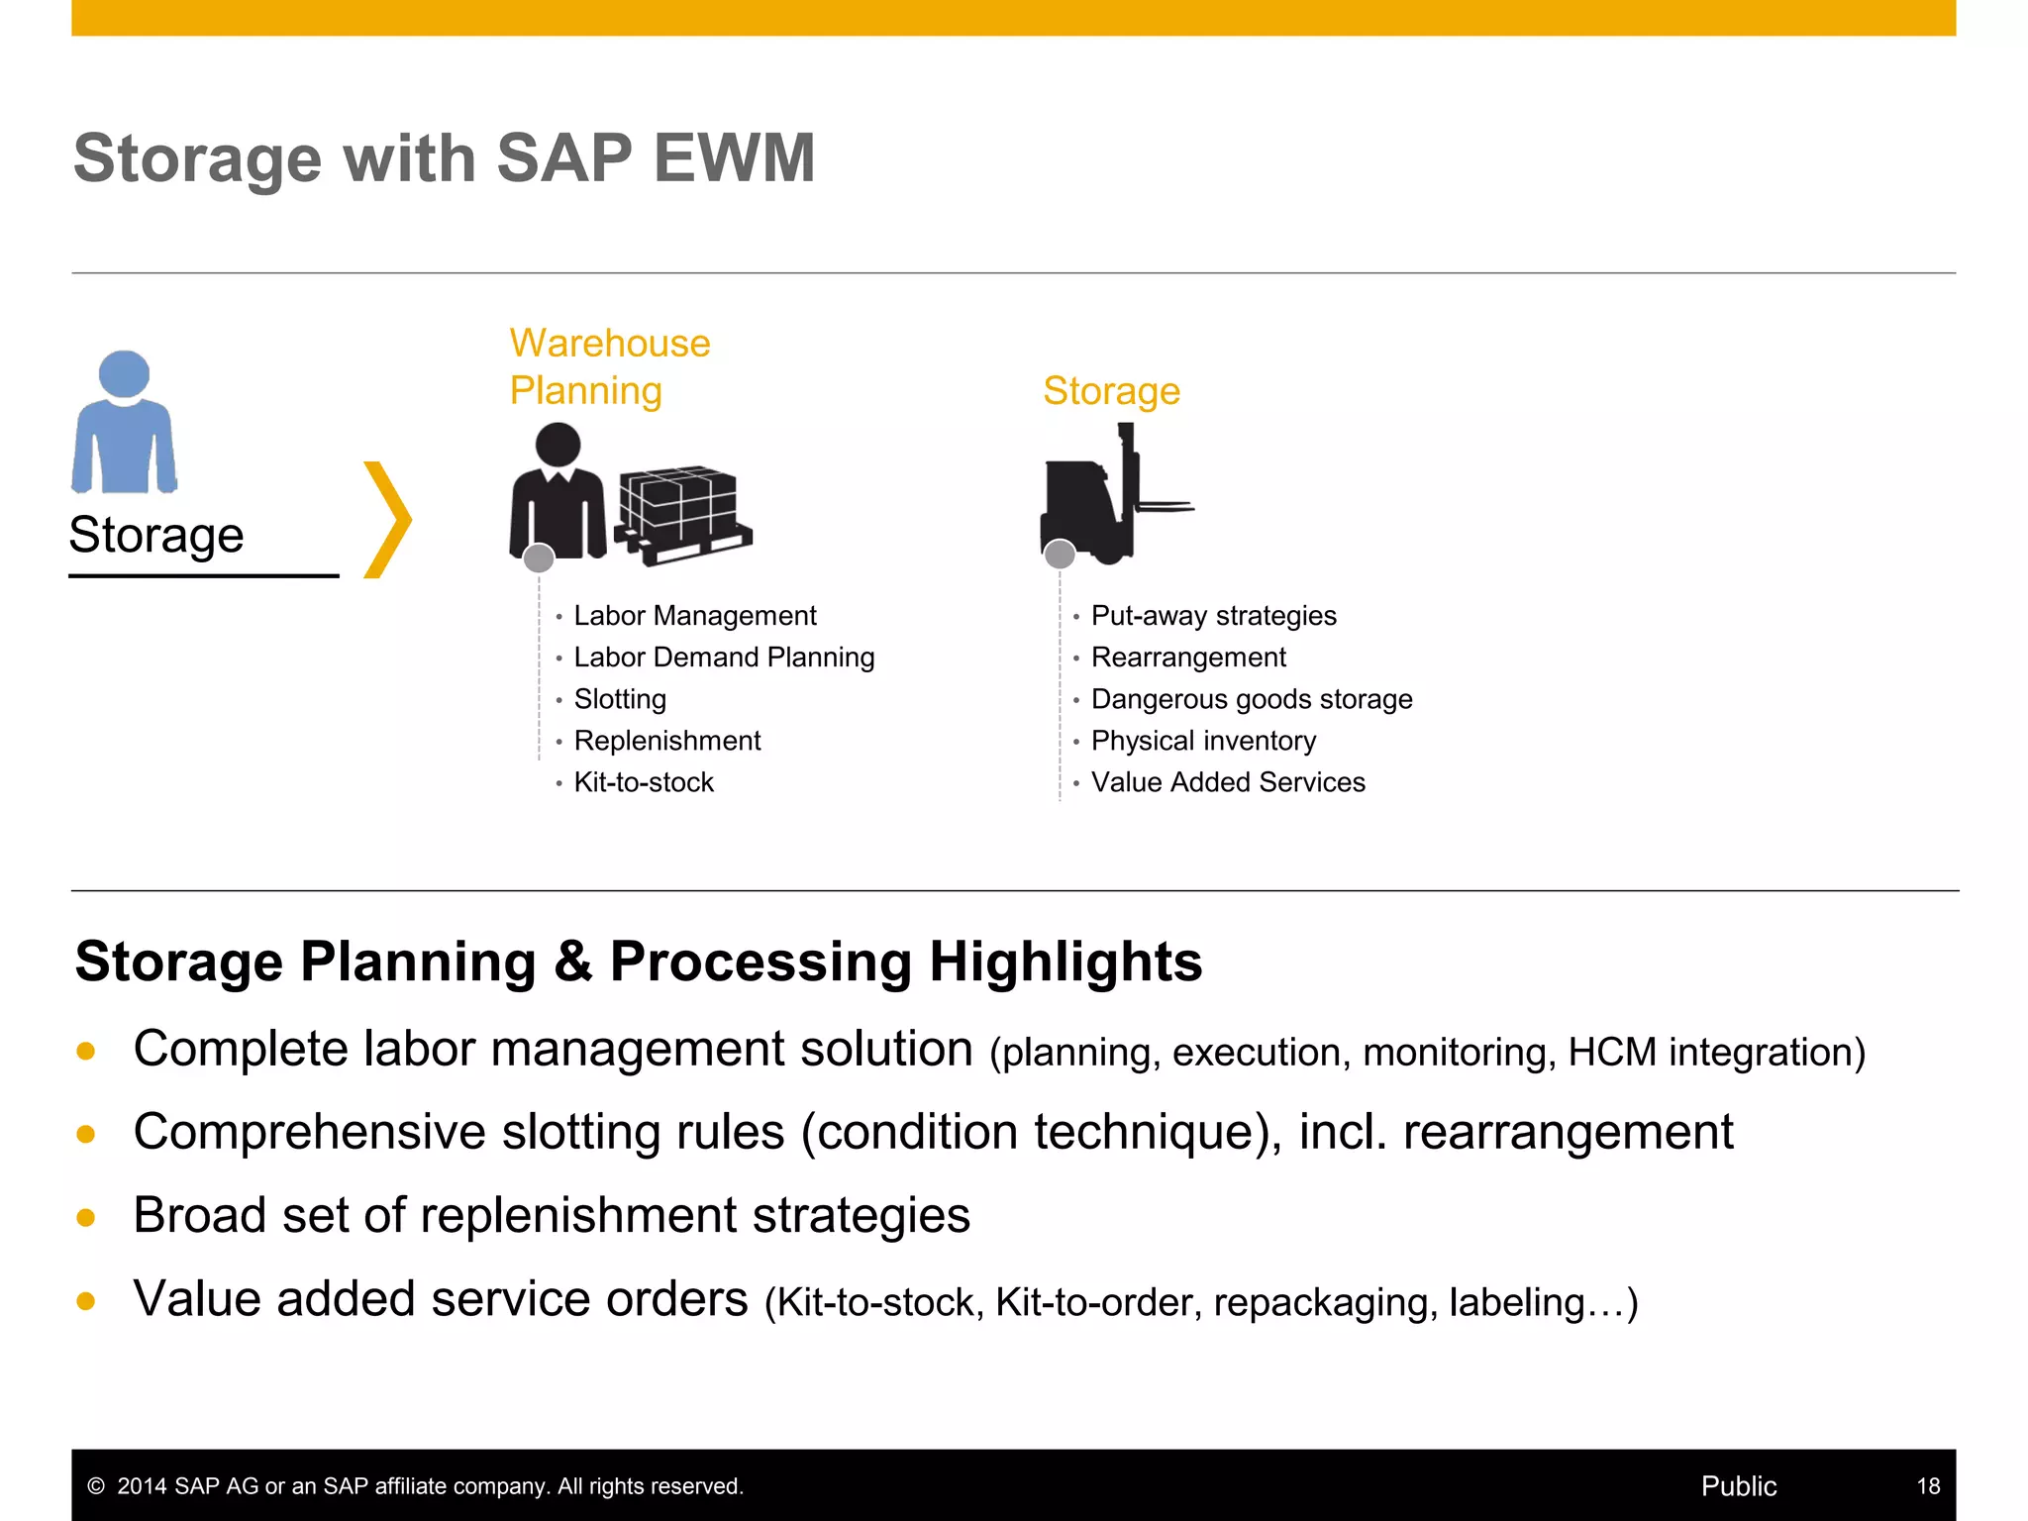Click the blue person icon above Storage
click(x=124, y=423)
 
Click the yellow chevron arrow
click(x=387, y=519)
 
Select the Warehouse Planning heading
click(x=609, y=366)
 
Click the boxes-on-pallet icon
click(x=682, y=513)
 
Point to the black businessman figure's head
click(x=558, y=445)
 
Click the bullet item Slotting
click(x=620, y=699)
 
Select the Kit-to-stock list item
click(x=644, y=782)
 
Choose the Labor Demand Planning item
click(x=724, y=658)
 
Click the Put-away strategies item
click(x=1213, y=616)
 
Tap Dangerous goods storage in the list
click(x=1251, y=699)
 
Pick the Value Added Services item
click(x=1228, y=782)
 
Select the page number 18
click(x=1927, y=1485)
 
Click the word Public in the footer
click(x=1738, y=1485)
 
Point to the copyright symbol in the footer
click(x=96, y=1486)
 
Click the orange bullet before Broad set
click(x=86, y=1217)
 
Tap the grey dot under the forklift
click(x=1060, y=555)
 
